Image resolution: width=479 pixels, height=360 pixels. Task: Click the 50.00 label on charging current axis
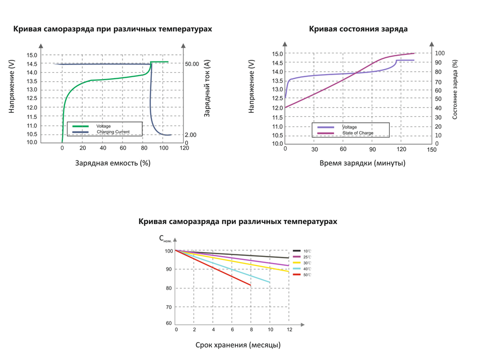pos(192,64)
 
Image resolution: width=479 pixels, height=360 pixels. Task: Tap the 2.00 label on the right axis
pos(190,135)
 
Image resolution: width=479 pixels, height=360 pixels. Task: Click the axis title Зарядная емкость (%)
pos(113,163)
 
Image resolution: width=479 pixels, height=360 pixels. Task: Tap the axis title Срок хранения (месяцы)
pos(238,345)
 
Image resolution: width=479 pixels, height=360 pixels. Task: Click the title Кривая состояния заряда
pos(358,29)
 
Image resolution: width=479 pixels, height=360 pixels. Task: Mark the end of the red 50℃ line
pos(250,285)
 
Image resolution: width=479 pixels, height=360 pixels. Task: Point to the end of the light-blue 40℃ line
pos(269,282)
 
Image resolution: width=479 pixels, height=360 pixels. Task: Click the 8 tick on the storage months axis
pos(250,330)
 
